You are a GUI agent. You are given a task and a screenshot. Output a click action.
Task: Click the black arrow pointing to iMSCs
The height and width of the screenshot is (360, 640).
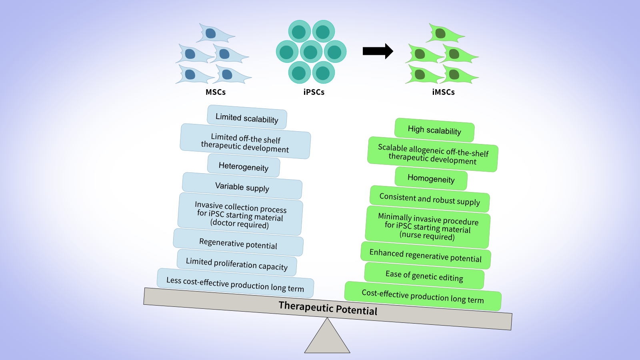coord(377,51)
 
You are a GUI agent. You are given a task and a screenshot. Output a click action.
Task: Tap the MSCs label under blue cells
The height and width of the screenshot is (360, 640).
coord(216,92)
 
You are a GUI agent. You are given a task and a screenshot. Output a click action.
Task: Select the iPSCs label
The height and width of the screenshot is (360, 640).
coord(314,92)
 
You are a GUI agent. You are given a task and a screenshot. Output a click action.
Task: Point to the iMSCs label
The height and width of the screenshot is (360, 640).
coord(443,92)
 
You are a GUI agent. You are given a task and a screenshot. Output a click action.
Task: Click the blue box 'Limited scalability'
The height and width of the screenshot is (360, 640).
coord(247,118)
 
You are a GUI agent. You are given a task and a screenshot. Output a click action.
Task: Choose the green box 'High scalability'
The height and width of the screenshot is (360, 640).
coord(434,130)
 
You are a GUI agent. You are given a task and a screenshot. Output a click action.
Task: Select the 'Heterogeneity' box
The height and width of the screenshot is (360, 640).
coord(243,166)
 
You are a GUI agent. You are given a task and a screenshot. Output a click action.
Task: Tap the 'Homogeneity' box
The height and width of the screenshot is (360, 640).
coord(431,178)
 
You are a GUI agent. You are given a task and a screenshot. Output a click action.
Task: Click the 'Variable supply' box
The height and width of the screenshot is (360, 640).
coord(242,186)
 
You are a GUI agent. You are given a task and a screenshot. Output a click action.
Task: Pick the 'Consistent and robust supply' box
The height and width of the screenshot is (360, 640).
coord(430,199)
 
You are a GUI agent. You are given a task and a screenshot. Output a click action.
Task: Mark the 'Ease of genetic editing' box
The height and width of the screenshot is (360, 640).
coord(424,276)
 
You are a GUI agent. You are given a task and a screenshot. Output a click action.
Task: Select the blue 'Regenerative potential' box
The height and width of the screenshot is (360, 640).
coord(238,243)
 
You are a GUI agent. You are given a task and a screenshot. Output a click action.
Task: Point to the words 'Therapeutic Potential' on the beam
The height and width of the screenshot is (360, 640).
coord(328,308)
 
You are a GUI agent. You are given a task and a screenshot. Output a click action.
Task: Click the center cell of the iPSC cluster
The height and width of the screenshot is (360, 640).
coord(311,52)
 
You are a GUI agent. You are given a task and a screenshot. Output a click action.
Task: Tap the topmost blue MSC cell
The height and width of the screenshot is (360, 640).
coord(214,34)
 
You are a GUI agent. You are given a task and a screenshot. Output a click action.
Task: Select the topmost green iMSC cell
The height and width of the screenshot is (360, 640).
coord(443,34)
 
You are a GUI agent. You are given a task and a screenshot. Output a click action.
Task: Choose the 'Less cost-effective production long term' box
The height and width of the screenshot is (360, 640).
coord(235,284)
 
